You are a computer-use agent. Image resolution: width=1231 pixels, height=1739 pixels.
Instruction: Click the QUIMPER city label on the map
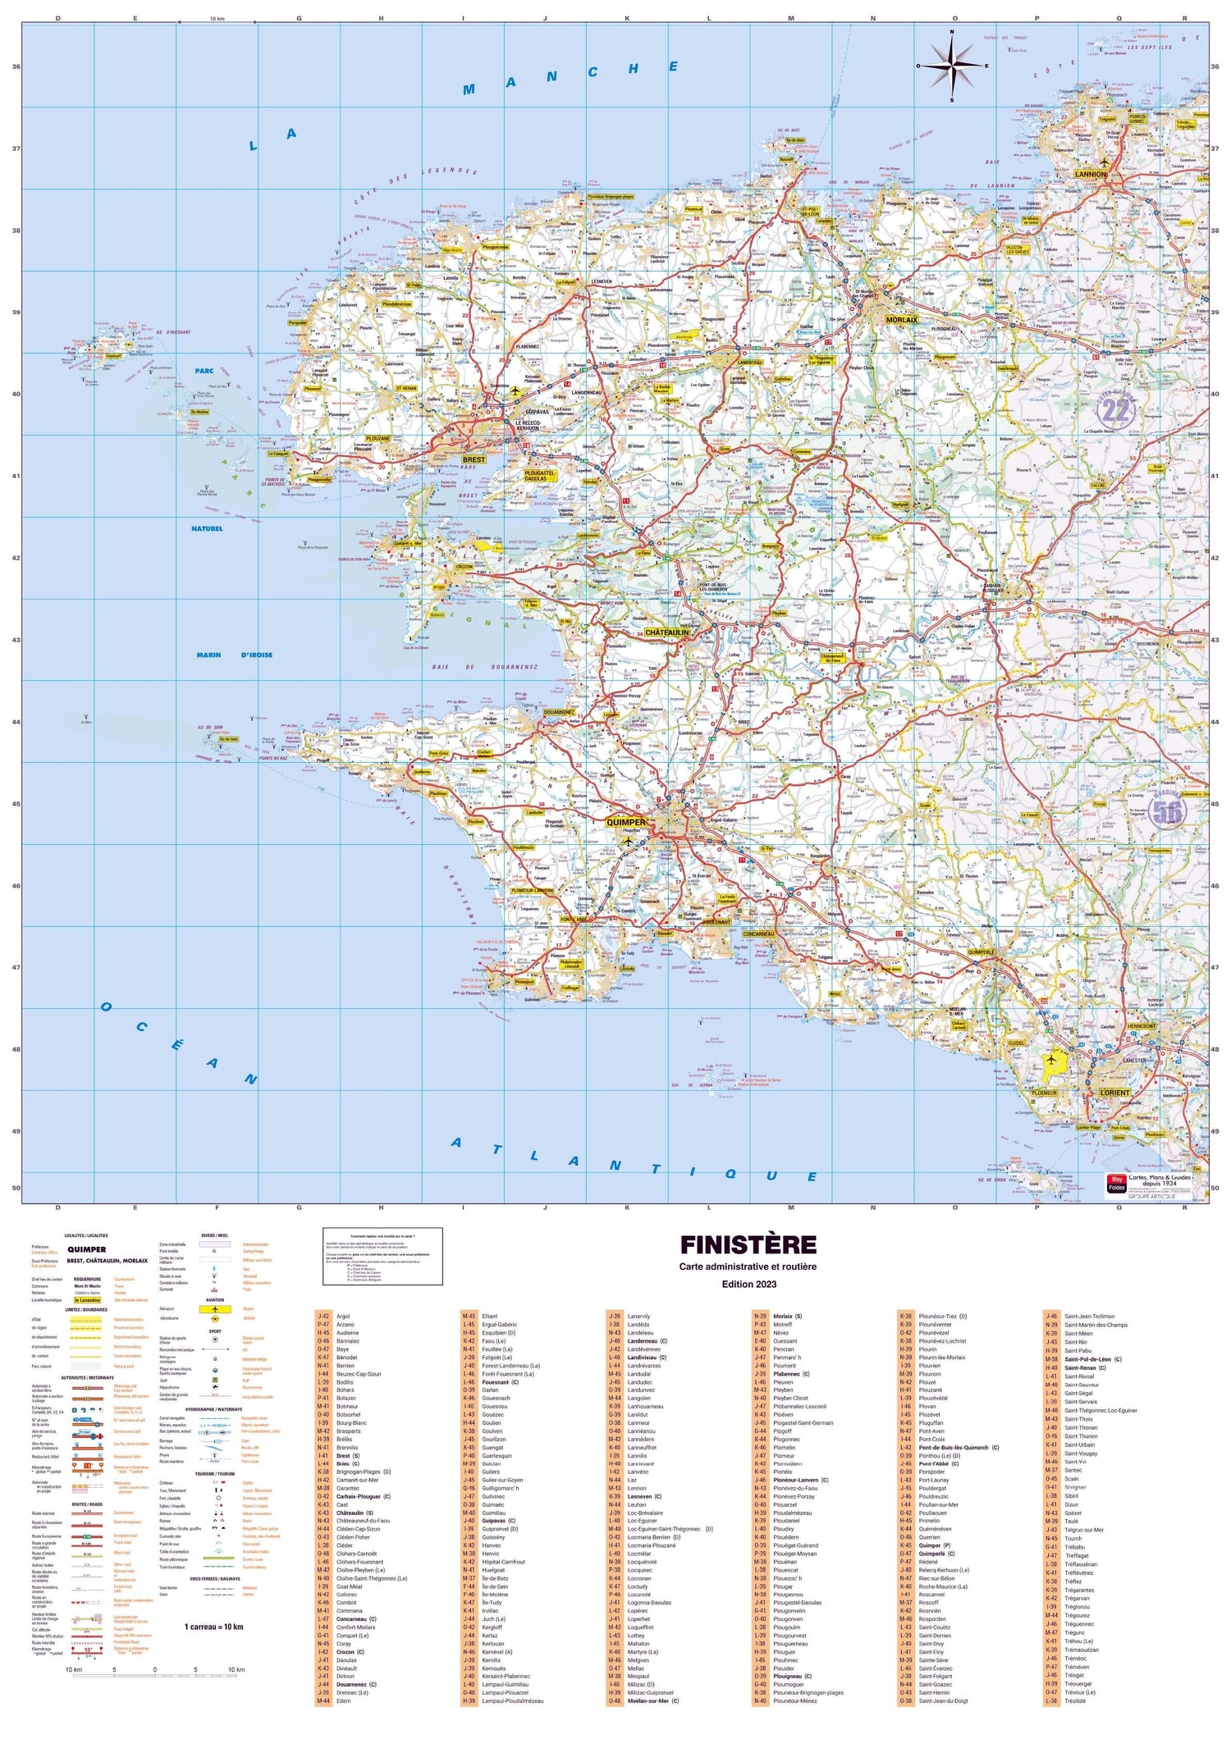(x=625, y=822)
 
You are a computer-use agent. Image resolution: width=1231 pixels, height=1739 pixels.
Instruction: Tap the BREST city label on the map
(x=474, y=459)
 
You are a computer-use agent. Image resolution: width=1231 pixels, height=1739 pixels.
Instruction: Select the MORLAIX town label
(x=901, y=320)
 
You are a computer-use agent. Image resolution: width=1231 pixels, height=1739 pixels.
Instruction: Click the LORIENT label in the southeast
(x=1114, y=1093)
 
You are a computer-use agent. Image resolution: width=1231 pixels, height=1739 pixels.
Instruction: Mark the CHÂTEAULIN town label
(x=666, y=632)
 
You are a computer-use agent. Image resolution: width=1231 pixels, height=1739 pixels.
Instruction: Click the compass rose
(x=952, y=66)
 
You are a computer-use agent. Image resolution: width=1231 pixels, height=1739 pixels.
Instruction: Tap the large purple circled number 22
(x=1115, y=410)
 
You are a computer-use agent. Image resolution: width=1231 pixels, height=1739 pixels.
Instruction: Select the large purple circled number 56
(x=1167, y=810)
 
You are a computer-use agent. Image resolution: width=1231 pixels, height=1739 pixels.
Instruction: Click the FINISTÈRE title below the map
(x=748, y=1245)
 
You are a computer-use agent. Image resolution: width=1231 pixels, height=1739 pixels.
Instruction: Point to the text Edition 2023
(x=748, y=1285)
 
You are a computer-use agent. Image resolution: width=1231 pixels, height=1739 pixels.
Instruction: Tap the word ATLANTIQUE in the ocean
(x=632, y=1161)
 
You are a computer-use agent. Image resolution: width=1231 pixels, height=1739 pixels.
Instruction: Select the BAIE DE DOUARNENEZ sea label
(x=485, y=667)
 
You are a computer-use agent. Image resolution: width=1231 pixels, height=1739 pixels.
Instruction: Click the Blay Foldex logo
(x=1117, y=1184)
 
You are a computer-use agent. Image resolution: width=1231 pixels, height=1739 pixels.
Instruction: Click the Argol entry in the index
(x=343, y=1317)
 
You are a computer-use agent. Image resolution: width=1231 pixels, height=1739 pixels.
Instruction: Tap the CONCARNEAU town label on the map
(x=757, y=933)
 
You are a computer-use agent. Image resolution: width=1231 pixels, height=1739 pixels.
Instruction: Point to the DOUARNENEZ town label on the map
(x=558, y=712)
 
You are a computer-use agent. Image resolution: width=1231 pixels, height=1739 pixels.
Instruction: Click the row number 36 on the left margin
(x=16, y=66)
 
